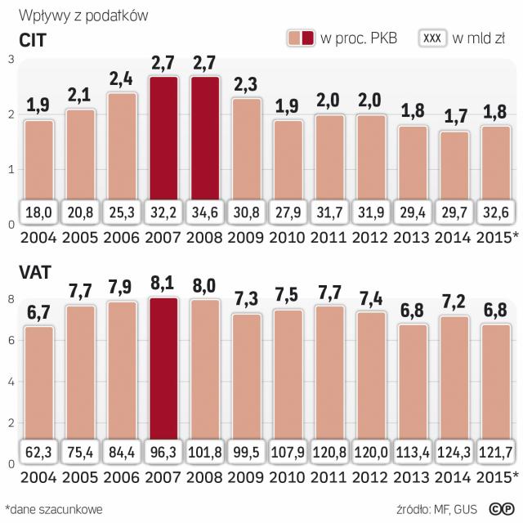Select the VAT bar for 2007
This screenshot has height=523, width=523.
pyautogui.click(x=164, y=368)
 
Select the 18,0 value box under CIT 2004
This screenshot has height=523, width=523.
pyautogui.click(x=39, y=211)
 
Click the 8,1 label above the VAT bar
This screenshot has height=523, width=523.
pyautogui.click(x=164, y=284)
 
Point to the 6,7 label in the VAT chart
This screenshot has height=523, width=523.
pyautogui.click(x=39, y=312)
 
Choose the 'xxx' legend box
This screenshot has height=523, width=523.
pyautogui.click(x=431, y=38)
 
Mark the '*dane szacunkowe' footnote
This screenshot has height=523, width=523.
pyautogui.click(x=54, y=508)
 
